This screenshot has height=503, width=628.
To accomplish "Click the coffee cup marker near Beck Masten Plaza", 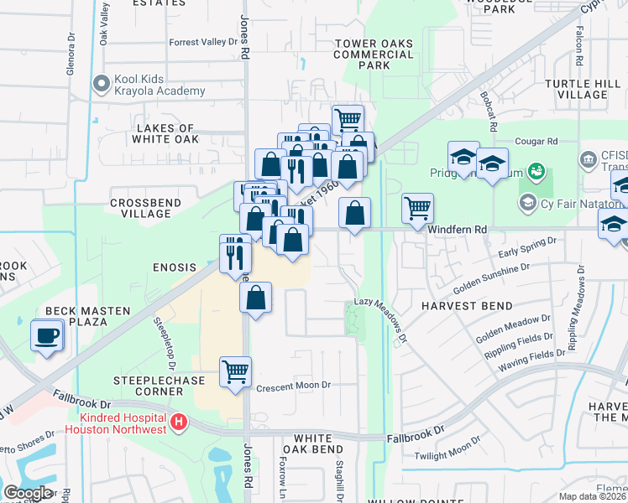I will tap(47, 337).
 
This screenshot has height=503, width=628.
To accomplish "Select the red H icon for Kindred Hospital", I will tap(177, 424).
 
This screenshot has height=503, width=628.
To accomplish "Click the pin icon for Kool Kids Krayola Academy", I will tap(102, 84).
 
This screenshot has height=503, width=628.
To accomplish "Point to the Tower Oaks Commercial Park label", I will tap(374, 54).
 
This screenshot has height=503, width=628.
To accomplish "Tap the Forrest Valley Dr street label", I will tap(203, 42).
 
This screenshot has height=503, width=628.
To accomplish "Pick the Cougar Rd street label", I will tap(542, 142).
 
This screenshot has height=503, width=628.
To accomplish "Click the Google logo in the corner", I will tap(28, 493).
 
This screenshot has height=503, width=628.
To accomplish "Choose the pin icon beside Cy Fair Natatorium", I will tap(527, 202).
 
